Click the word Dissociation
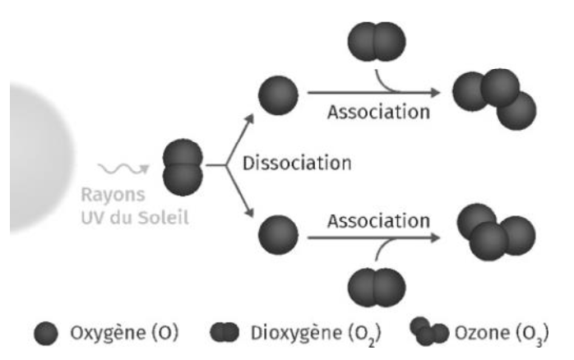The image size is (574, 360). (x=297, y=163)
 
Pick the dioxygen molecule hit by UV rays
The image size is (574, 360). (x=182, y=166)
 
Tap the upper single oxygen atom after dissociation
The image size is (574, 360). (x=278, y=96)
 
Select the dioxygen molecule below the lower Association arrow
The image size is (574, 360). (x=377, y=287)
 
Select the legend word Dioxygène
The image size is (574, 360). (x=292, y=334)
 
